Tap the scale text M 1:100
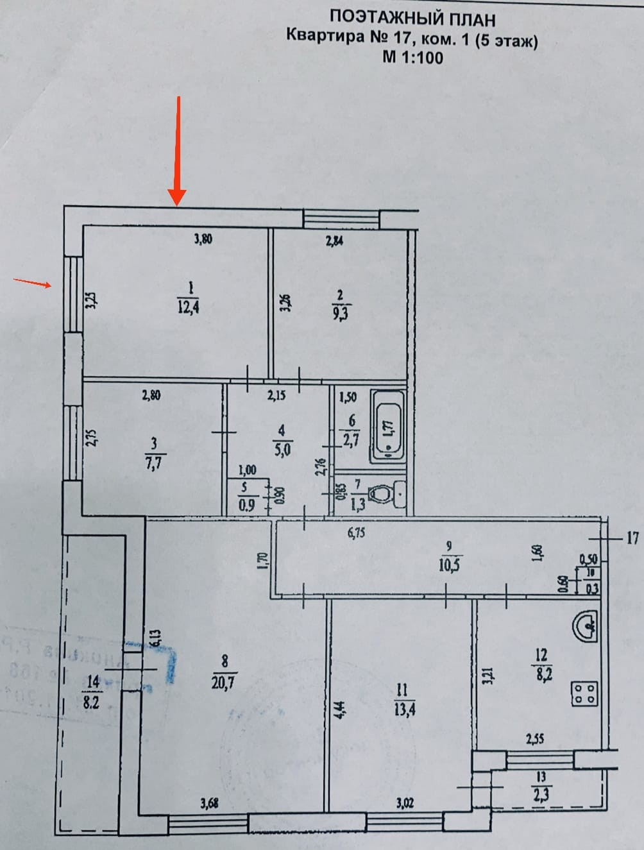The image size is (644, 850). pyautogui.click(x=412, y=57)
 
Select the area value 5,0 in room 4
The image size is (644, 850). pyautogui.click(x=282, y=450)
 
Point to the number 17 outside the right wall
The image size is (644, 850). pyautogui.click(x=632, y=538)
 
